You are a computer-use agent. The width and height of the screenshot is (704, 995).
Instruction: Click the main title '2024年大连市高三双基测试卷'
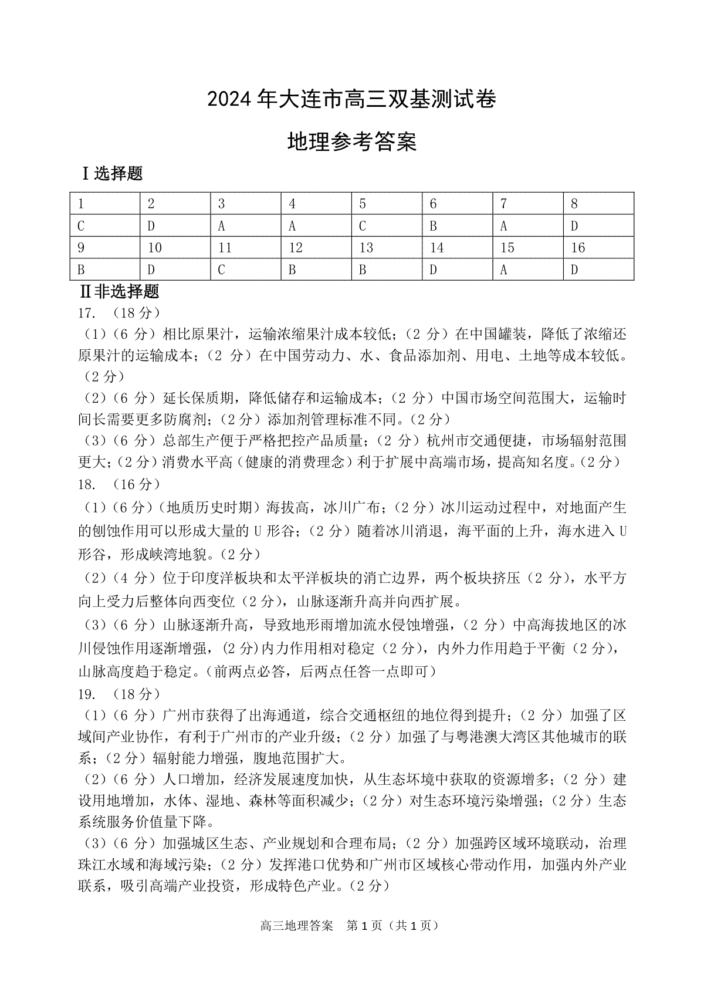click(351, 100)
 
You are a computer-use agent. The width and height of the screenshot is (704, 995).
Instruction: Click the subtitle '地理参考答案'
click(351, 142)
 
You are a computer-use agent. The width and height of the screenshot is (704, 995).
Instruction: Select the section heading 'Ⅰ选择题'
click(111, 174)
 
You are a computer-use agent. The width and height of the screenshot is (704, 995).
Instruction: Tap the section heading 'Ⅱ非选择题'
click(120, 291)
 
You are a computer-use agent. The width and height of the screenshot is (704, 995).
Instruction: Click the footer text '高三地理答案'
click(296, 926)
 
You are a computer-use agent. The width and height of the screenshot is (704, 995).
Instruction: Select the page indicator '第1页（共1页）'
click(393, 926)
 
